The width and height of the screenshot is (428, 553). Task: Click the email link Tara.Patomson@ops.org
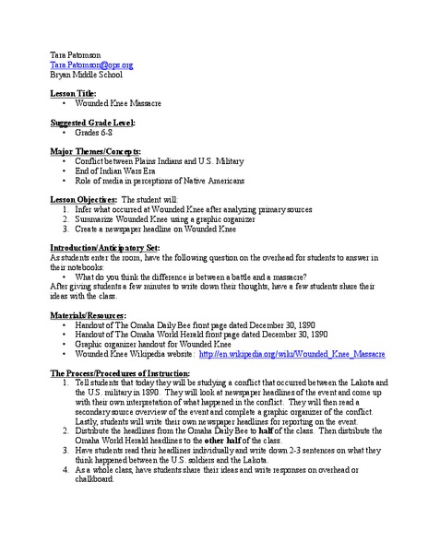point(78,65)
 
